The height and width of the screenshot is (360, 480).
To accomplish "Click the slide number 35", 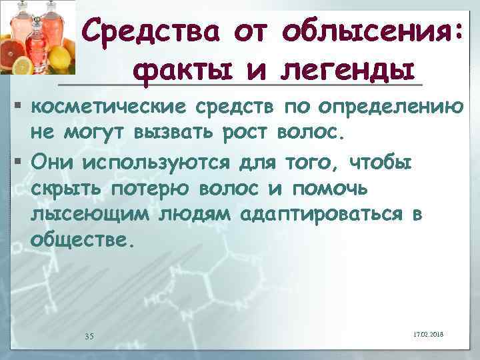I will click(89, 335).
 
